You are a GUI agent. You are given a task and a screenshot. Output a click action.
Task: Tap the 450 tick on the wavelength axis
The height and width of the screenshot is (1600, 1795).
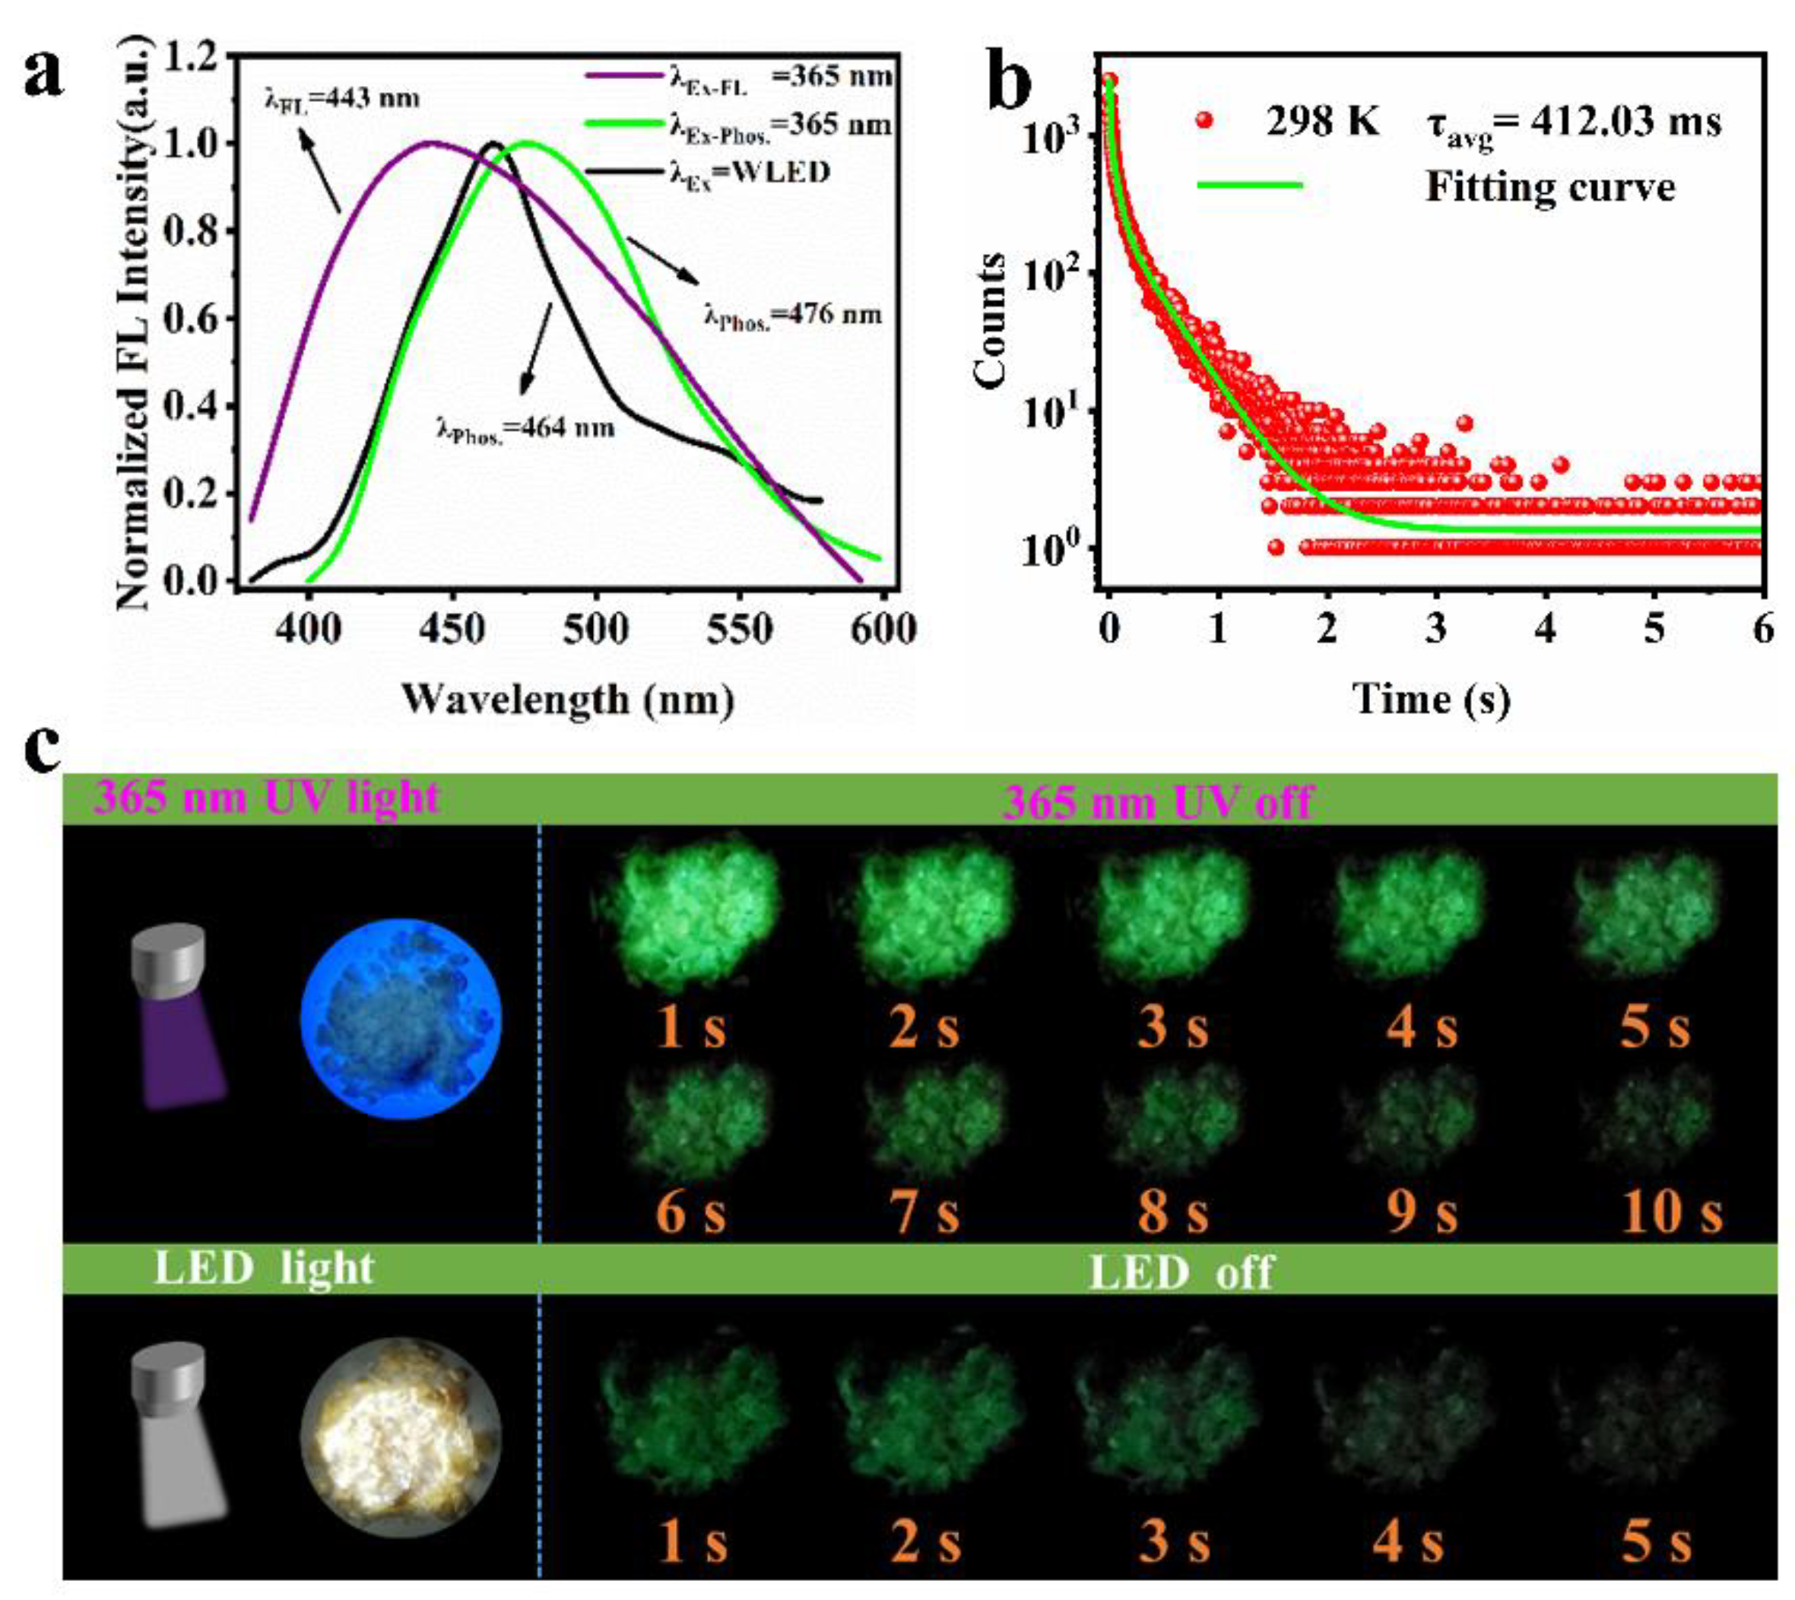point(452,630)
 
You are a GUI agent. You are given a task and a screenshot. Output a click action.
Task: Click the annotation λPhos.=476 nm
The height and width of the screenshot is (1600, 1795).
point(792,316)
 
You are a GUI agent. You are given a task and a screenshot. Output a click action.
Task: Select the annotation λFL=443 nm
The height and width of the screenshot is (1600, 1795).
point(342,98)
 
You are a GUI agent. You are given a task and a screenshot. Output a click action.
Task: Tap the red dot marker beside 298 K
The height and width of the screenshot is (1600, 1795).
point(1205,122)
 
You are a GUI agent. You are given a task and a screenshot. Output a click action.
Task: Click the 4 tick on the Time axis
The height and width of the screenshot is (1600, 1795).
point(1546,630)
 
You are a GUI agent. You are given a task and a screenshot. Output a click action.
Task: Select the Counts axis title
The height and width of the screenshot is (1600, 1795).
point(991,320)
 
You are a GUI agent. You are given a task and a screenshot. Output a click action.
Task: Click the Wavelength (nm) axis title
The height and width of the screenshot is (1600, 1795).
point(568,699)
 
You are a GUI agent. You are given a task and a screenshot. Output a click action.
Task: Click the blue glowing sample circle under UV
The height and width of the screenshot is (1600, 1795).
point(400,1018)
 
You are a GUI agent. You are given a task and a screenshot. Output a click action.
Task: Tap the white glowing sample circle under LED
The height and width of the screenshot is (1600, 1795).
point(400,1437)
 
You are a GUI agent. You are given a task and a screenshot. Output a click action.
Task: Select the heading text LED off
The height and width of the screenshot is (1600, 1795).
point(1180,1271)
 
